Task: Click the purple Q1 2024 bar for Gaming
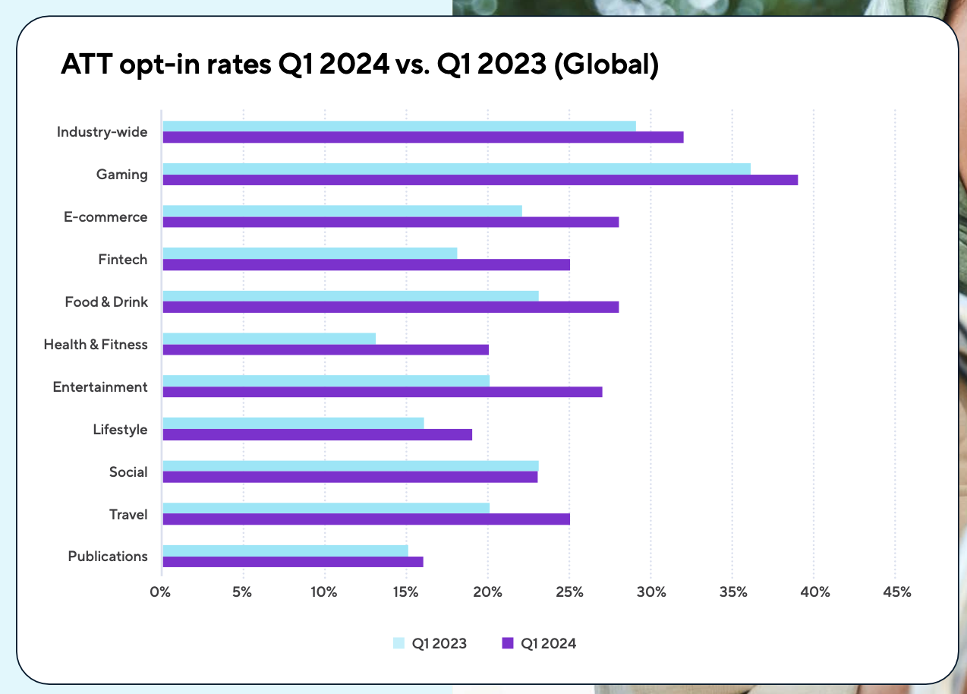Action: pos(480,180)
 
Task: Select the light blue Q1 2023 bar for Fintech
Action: pos(310,253)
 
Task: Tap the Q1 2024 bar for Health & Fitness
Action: pos(326,350)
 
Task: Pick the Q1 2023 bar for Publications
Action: pos(285,550)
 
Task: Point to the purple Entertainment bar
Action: pos(382,392)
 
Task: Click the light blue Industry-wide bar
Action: pos(399,126)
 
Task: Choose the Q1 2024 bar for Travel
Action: pos(366,519)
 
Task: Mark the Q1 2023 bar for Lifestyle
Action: pos(293,423)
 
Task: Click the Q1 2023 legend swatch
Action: pos(398,643)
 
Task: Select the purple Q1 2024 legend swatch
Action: pos(508,643)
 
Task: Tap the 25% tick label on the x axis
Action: pos(569,592)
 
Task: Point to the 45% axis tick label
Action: pos(896,592)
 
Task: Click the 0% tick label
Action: pos(160,592)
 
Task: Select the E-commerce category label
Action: pos(106,217)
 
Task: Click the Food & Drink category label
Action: pos(106,302)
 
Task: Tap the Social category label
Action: pos(128,472)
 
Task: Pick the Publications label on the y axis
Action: pos(108,557)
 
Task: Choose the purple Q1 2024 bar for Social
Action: pos(350,477)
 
